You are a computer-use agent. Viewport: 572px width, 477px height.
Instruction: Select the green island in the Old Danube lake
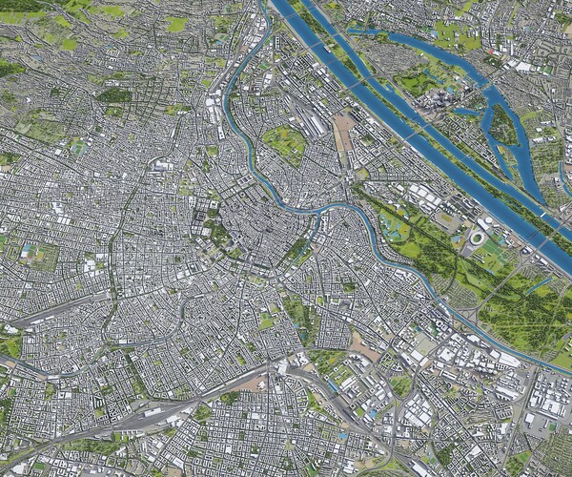point(503,124)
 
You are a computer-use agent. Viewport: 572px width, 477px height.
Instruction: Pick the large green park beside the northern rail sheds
point(284,143)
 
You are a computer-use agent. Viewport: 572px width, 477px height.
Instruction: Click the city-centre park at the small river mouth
point(299,250)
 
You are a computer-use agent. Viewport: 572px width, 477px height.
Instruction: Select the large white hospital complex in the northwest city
point(159,167)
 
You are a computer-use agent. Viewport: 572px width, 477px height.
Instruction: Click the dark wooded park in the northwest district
point(114,95)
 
